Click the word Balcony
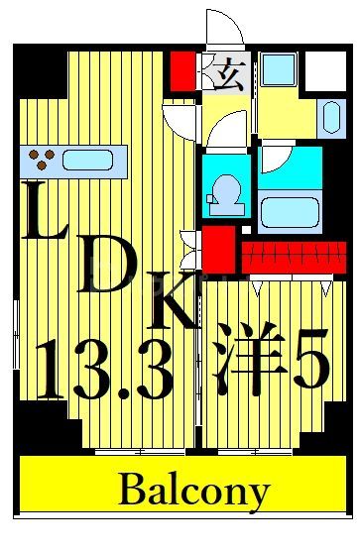pos(194,490)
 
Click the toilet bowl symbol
pos(227,188)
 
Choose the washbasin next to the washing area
pos(328,114)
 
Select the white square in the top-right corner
pos(322,69)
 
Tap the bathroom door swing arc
pos(273,159)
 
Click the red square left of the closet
pos(220,249)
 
